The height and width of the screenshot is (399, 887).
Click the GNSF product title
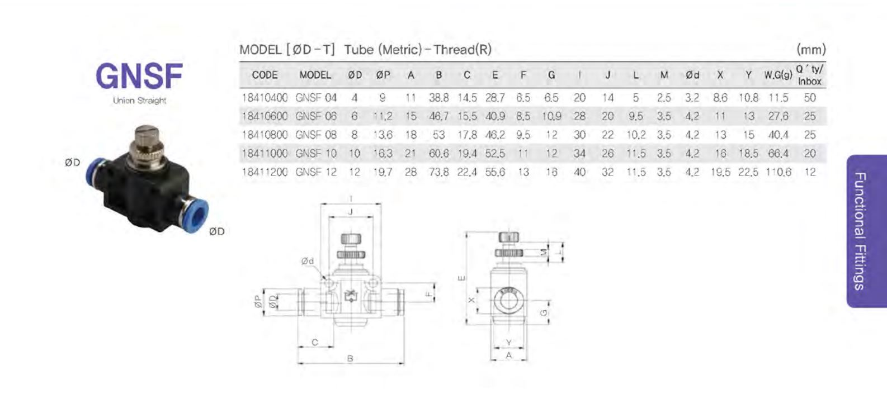pyautogui.click(x=139, y=76)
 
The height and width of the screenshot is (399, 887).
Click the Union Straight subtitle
pyautogui.click(x=139, y=101)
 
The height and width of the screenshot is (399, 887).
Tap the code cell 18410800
pyautogui.click(x=265, y=135)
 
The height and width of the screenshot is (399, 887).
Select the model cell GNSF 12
pyautogui.click(x=315, y=172)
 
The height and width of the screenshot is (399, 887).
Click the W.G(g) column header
pyautogui.click(x=778, y=75)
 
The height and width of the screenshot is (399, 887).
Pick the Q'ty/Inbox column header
pyautogui.click(x=810, y=75)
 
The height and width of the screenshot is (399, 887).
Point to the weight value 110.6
pyautogui.click(x=778, y=172)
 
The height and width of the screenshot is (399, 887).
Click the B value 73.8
pyautogui.click(x=439, y=172)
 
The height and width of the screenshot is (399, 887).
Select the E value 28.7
pyautogui.click(x=495, y=98)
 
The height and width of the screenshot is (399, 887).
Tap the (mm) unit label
pyautogui.click(x=811, y=50)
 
